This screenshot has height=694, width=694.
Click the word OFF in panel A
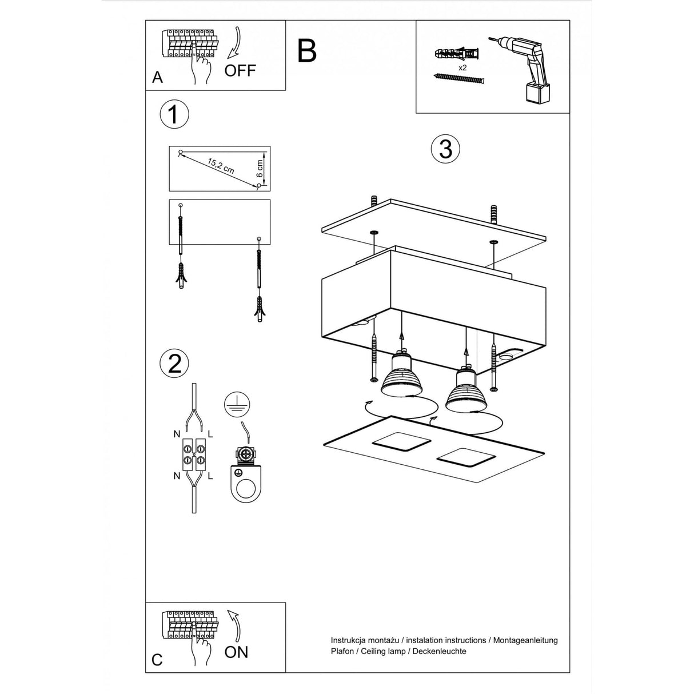pyautogui.click(x=240, y=71)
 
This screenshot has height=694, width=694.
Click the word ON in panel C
pyautogui.click(x=236, y=652)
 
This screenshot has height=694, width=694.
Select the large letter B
pyautogui.click(x=307, y=51)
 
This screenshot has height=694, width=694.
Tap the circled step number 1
pyautogui.click(x=174, y=114)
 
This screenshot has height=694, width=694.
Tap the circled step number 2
pyautogui.click(x=174, y=364)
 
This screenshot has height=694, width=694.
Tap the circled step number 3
pyautogui.click(x=445, y=149)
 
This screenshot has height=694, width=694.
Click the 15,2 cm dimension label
pyautogui.click(x=221, y=166)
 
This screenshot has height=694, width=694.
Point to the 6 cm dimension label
pyautogui.click(x=260, y=168)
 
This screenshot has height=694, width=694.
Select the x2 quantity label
pyautogui.click(x=463, y=67)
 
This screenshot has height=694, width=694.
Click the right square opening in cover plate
pyautogui.click(x=465, y=458)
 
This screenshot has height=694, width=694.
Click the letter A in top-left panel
pyautogui.click(x=158, y=78)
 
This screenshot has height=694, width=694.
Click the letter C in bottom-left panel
pyautogui.click(x=157, y=660)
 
